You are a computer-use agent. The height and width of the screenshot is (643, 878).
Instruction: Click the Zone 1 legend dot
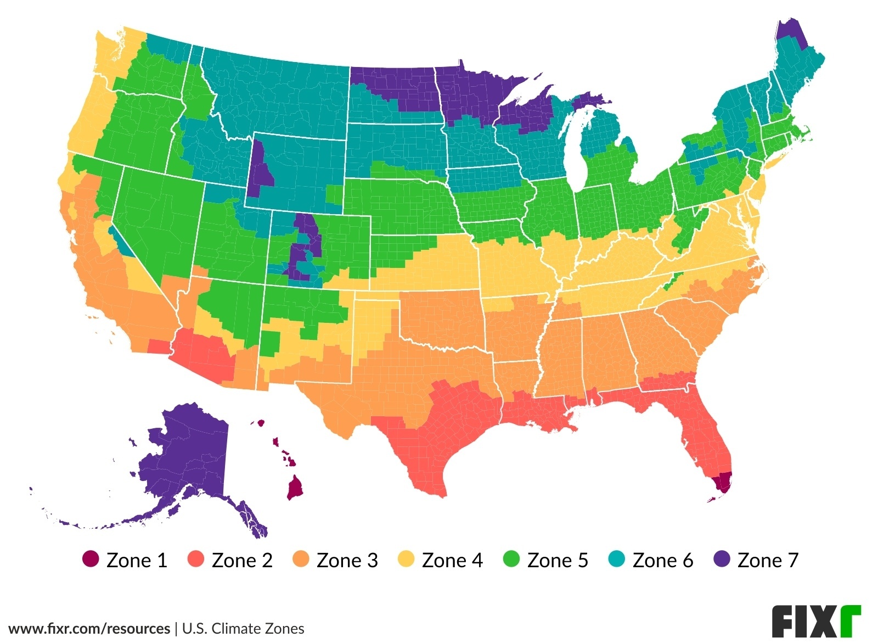(91, 559)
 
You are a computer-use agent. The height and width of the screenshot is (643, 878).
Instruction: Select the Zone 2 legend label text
(242, 560)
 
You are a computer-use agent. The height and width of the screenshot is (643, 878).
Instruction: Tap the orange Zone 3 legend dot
(301, 559)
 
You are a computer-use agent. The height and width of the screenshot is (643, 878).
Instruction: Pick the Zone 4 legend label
(452, 560)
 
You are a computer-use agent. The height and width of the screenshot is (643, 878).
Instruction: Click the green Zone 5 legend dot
(511, 559)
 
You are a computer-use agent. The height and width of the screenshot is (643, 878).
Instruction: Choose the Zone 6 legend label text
(662, 560)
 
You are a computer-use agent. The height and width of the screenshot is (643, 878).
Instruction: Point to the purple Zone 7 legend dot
(722, 559)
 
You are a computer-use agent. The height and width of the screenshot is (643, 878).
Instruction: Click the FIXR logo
(816, 622)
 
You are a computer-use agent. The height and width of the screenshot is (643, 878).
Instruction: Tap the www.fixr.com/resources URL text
(89, 628)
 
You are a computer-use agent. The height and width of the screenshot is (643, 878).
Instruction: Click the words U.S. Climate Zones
(243, 628)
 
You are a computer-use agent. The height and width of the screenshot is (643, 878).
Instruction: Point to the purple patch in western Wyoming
(261, 170)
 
